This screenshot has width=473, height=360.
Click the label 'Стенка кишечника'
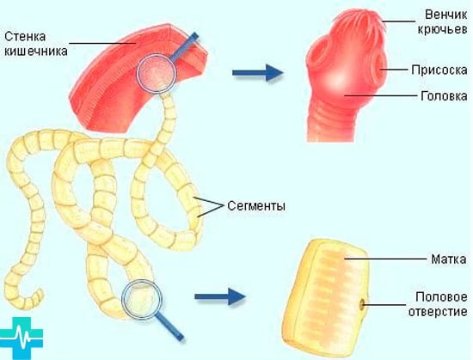pyautogui.click(x=36, y=44)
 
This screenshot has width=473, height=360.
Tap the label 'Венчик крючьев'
pyautogui.click(x=443, y=21)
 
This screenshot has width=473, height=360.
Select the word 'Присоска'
pyautogui.click(x=439, y=70)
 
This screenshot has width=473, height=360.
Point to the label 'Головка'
pyautogui.click(x=444, y=96)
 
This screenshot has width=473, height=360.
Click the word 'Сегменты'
pyautogui.click(x=256, y=206)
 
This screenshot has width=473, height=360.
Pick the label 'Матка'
pyautogui.click(x=449, y=259)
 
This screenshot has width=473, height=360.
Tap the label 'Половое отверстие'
pyautogui.click(x=438, y=304)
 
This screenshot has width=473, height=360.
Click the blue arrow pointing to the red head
pyautogui.click(x=258, y=73)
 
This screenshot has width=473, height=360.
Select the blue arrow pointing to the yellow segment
pyautogui.click(x=220, y=296)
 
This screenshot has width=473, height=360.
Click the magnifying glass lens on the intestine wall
pyautogui.click(x=157, y=73)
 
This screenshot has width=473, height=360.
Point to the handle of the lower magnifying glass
pyautogui.click(x=169, y=326)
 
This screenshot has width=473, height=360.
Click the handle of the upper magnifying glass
pyautogui.click(x=184, y=46)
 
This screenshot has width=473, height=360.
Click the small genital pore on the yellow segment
pyautogui.click(x=362, y=304)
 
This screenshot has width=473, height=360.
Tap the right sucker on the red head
pyautogui.click(x=379, y=69)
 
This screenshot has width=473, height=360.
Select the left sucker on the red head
pyautogui.click(x=316, y=55)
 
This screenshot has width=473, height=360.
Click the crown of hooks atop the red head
pyautogui.click(x=359, y=21)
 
